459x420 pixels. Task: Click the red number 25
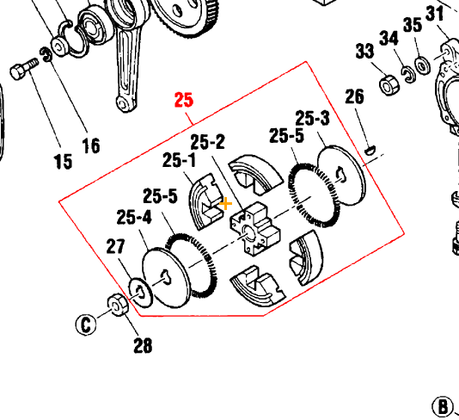coord(184,100)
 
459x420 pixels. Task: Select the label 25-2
coord(207,140)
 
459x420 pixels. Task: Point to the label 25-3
coord(312,117)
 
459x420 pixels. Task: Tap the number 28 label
coord(143,346)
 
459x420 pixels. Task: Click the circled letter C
coord(84,324)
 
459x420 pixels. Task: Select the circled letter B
coord(441,406)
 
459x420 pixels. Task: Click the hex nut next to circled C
coord(113,304)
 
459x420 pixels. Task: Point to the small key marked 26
coord(370,147)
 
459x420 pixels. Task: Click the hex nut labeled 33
coord(388,85)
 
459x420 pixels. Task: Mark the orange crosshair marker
coord(226,204)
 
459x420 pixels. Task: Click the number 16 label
coord(90,145)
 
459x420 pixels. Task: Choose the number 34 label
coord(389,39)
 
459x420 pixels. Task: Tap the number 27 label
coord(116,248)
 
